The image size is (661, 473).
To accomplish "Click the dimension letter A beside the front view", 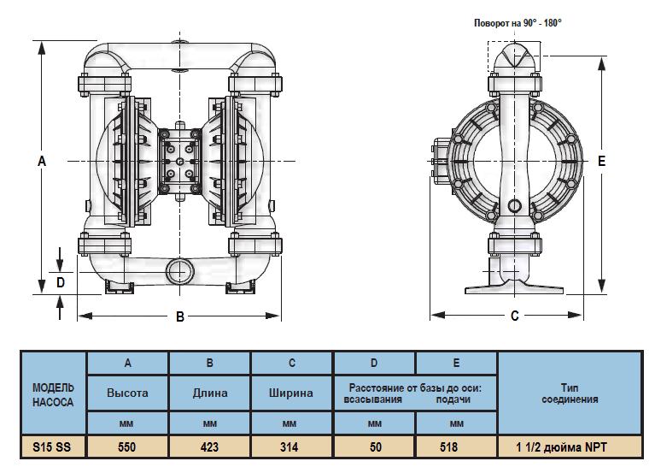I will (41, 161).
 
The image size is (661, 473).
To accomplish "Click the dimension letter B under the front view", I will (180, 316).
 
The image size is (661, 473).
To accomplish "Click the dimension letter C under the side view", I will (515, 316).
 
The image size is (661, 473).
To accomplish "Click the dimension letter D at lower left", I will (61, 281).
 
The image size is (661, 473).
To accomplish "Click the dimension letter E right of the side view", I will (602, 161).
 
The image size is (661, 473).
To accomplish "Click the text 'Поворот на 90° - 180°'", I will (518, 23).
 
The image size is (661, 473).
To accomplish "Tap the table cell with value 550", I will (127, 446).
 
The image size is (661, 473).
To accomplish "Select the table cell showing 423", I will (209, 446).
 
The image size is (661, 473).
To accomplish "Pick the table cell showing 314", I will (291, 446).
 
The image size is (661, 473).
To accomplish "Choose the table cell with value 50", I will (374, 446).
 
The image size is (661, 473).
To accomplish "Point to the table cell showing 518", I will (456, 446).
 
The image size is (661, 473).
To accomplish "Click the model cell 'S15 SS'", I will (53, 446).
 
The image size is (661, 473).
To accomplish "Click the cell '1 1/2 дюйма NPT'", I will (569, 446).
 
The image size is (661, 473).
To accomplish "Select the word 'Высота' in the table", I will (127, 393).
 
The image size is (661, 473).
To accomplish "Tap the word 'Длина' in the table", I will (209, 393).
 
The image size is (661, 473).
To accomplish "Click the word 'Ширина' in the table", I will (291, 393).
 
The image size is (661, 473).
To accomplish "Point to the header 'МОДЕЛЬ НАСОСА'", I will (53, 394).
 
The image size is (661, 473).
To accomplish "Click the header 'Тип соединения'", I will (569, 393).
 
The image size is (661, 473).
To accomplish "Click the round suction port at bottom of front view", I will (180, 270).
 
